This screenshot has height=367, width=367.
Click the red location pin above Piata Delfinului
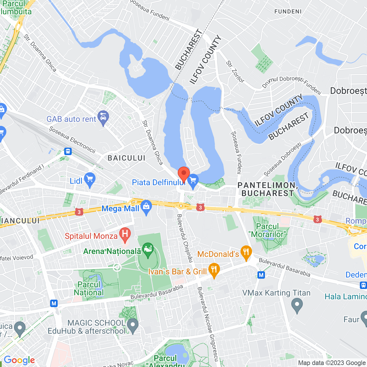(x=184, y=173)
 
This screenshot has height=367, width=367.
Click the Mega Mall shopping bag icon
(x=146, y=207)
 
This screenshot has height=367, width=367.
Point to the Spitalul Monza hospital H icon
(x=125, y=234)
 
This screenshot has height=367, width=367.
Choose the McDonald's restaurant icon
(x=246, y=252)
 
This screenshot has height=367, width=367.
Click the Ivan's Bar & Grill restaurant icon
(x=214, y=270)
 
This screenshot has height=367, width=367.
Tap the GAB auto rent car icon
(x=103, y=117)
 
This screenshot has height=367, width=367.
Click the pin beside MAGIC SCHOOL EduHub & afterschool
(x=132, y=325)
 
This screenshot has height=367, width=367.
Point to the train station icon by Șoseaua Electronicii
(x=68, y=151)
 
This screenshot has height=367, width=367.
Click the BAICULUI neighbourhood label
(x=126, y=158)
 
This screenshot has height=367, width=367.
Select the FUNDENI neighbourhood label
(x=288, y=11)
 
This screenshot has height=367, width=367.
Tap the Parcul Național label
(x=89, y=288)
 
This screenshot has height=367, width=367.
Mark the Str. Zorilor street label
(x=235, y=72)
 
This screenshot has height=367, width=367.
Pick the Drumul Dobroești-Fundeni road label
(x=291, y=83)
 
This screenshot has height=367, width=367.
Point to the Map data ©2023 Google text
(x=332, y=363)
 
